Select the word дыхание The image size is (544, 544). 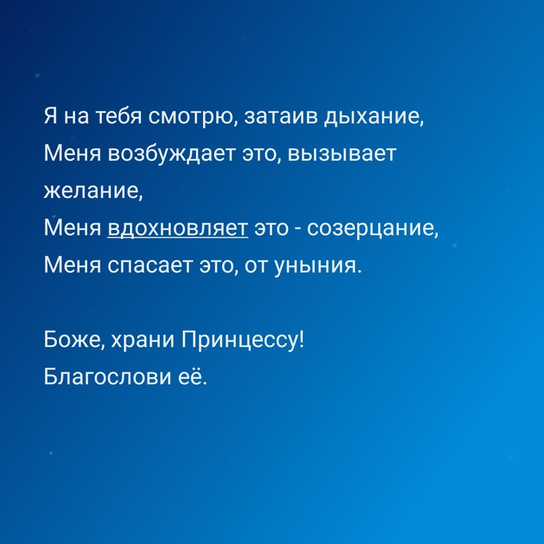click(x=372, y=117)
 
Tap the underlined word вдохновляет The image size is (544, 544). click(x=178, y=229)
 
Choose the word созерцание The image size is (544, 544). click(x=371, y=230)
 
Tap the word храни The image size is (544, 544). click(x=143, y=340)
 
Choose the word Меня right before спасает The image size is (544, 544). click(x=72, y=266)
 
